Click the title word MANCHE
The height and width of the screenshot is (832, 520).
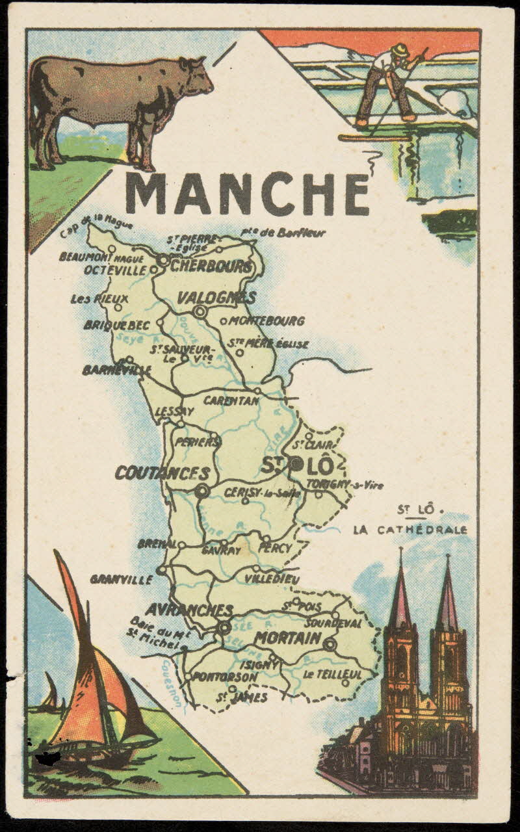point(248,194)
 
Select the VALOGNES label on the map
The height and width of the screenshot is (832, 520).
point(216,298)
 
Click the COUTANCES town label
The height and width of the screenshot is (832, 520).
point(162,473)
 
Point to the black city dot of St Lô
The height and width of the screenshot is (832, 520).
point(296,463)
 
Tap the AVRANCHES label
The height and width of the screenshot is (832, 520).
point(188,610)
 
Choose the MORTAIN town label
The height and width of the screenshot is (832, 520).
point(287,638)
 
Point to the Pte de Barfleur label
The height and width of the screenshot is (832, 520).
point(282,233)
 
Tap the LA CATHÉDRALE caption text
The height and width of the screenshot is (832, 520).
point(409,530)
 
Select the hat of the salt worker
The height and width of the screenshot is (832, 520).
point(401,49)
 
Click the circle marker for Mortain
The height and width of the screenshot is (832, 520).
point(330,645)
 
